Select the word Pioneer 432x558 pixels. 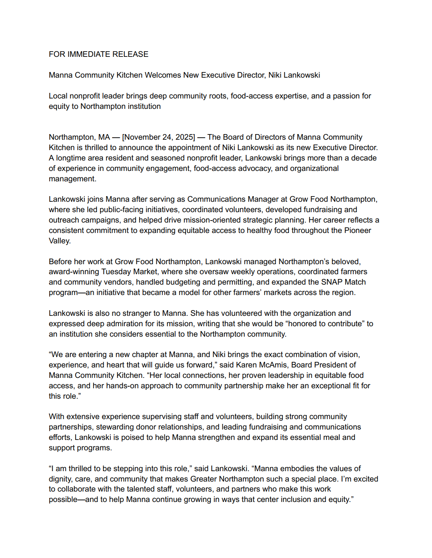[x=357, y=231]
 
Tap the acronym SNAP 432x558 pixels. [x=332, y=282]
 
